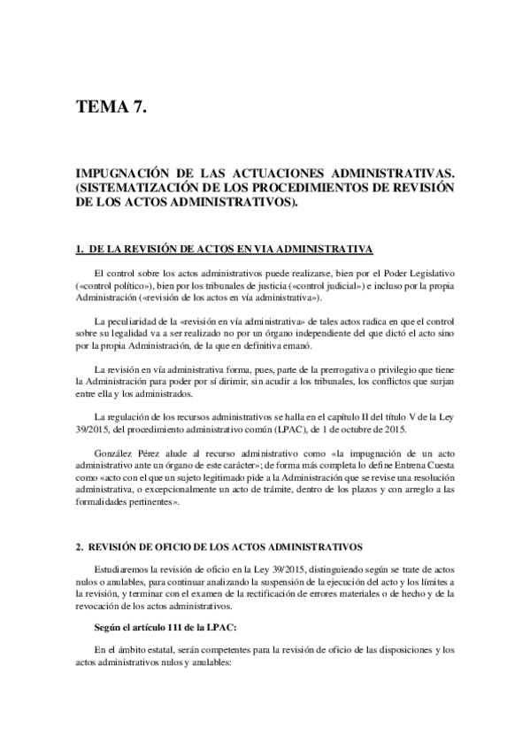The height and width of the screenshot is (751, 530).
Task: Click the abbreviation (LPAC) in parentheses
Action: [x=299, y=430]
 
